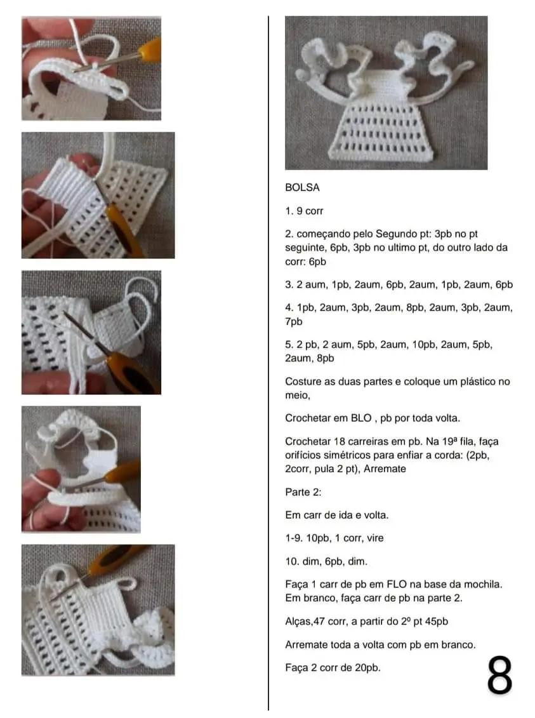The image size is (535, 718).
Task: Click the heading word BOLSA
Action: click(x=302, y=187)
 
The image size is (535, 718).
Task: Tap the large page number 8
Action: click(x=499, y=675)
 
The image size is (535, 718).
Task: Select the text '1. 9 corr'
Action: click(x=304, y=211)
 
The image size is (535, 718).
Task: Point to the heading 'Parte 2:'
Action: click(x=303, y=492)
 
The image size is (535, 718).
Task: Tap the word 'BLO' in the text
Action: click(x=361, y=418)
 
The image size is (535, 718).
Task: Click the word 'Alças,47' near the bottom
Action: click(x=305, y=622)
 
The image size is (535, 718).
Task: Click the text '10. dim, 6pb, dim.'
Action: click(x=326, y=561)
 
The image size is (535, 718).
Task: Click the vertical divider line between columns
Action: click(x=268, y=362)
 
